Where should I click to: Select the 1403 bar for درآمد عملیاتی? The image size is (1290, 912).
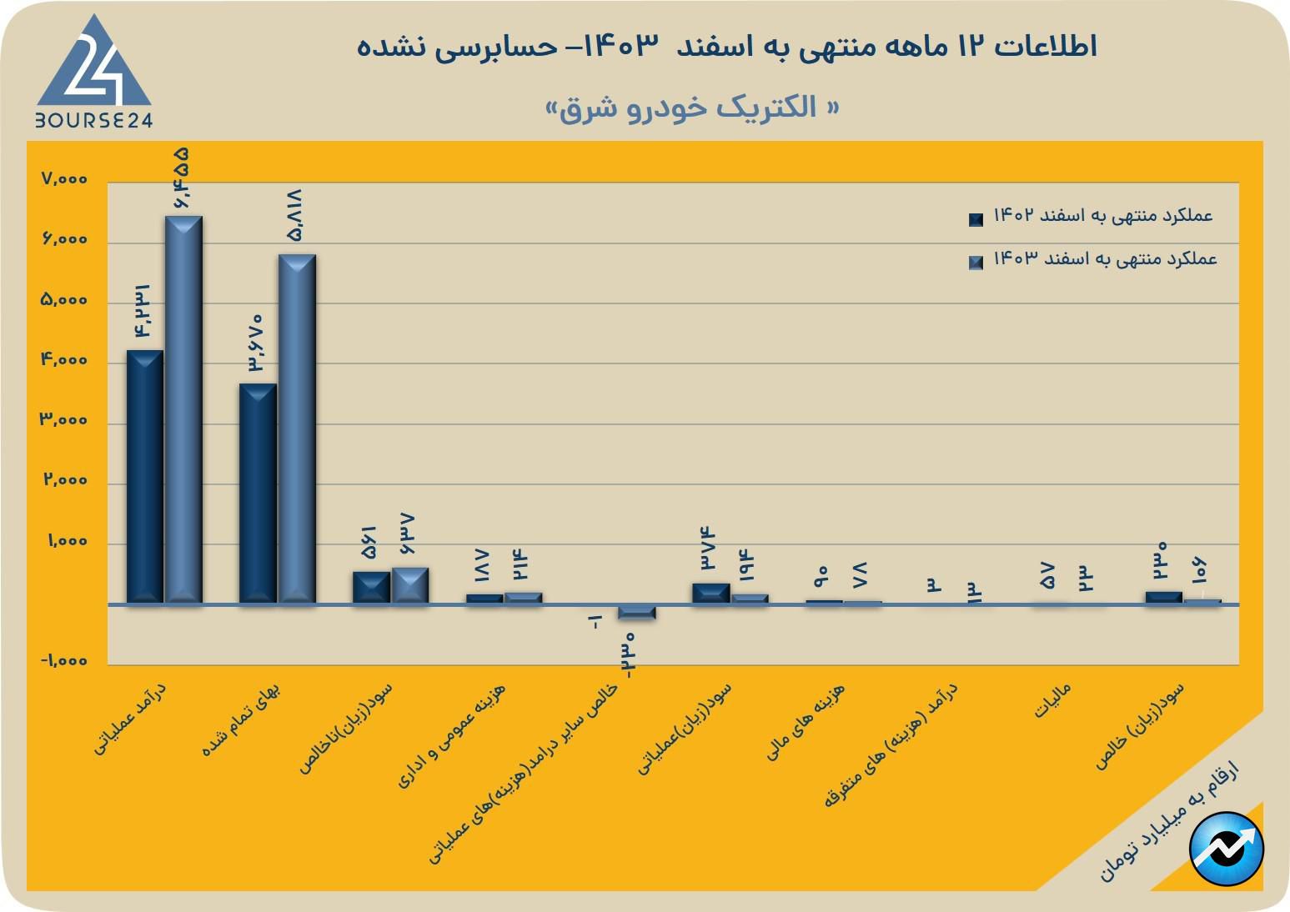[x=183, y=408]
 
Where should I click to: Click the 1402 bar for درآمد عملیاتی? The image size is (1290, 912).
[x=144, y=475]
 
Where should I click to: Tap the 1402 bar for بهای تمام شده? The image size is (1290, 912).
[x=258, y=493]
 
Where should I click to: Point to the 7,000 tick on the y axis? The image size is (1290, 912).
[x=63, y=179]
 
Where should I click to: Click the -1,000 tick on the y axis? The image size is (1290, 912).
[x=63, y=661]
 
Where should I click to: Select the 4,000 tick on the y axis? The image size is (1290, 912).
[x=63, y=360]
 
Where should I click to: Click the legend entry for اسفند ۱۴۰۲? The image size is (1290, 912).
[x=1101, y=216]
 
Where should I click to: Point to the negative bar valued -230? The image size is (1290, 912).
[x=636, y=613]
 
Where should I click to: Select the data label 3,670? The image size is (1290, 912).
[x=255, y=343]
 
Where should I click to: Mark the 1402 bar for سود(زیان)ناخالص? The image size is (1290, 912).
[x=371, y=586]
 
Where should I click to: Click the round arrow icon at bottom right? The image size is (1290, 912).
[x=1227, y=849]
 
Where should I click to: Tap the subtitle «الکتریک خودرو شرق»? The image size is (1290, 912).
[x=691, y=108]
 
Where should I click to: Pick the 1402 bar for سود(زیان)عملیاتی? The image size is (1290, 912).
[x=710, y=593]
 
